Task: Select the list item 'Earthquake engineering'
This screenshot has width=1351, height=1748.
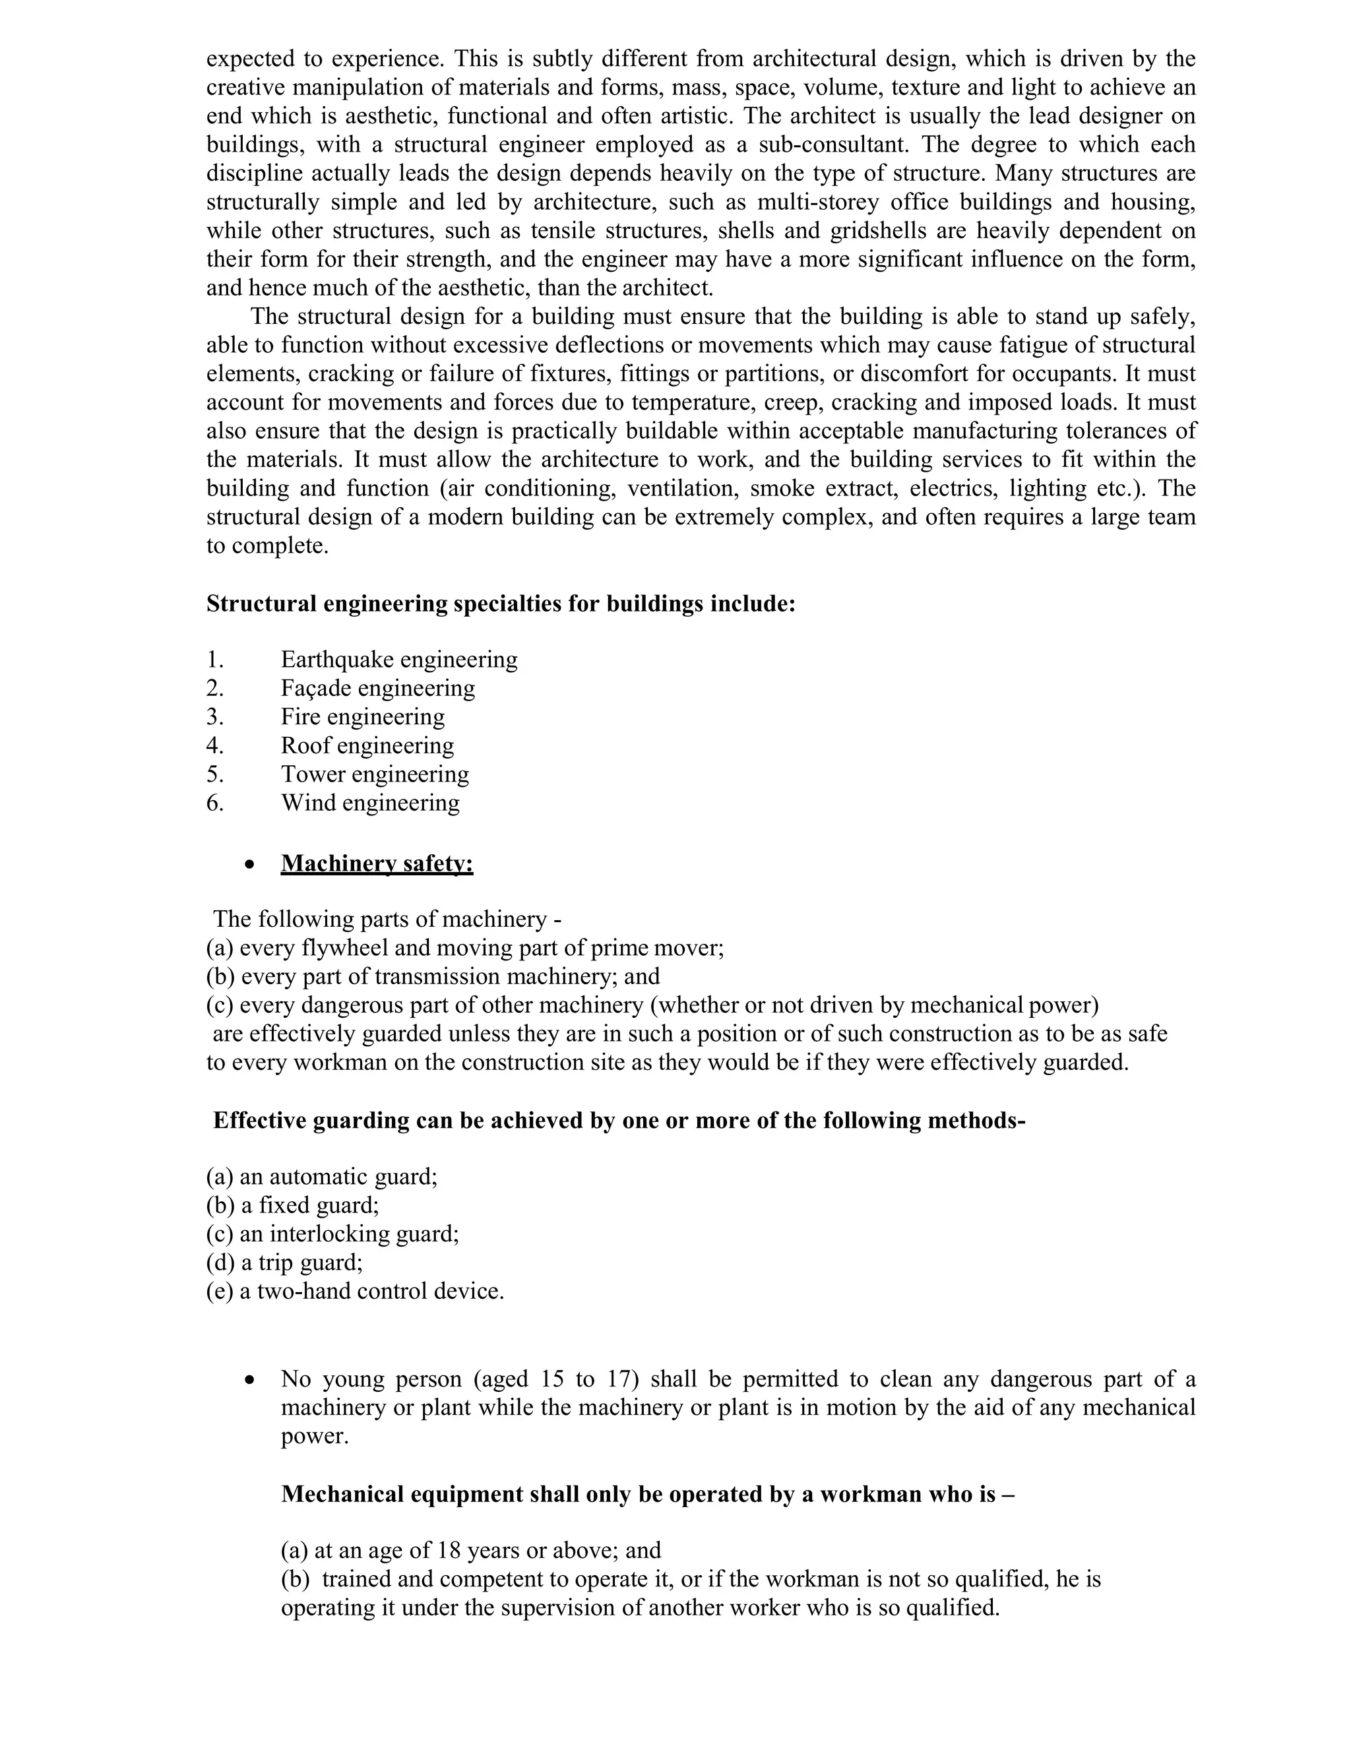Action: (398, 660)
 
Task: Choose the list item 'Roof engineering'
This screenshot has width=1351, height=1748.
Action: (367, 745)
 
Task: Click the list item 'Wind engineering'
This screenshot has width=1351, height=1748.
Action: (370, 803)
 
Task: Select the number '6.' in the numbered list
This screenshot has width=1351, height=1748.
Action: (214, 803)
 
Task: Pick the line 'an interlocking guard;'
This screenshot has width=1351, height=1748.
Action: (349, 1234)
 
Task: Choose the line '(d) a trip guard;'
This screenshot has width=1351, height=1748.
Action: (284, 1263)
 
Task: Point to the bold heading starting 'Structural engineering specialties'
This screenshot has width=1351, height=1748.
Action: (500, 604)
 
